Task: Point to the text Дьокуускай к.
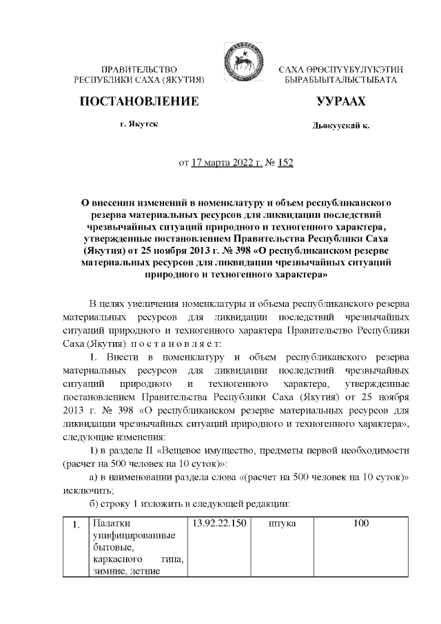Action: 340,128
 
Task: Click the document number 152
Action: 284,163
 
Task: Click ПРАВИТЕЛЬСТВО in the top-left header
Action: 140,70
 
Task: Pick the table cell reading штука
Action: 281,523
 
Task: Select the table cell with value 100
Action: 361,523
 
